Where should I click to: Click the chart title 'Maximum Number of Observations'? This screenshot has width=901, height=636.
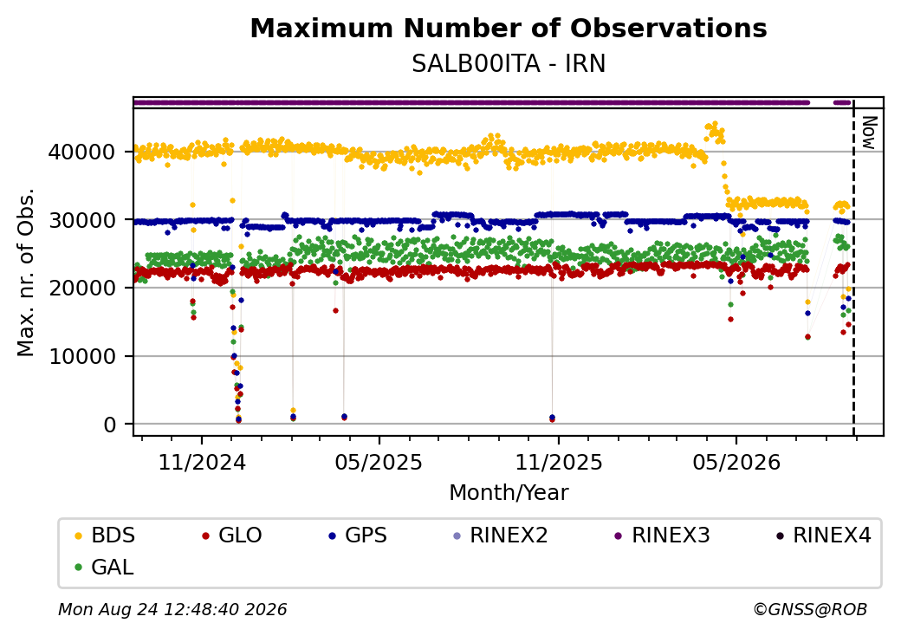point(509,28)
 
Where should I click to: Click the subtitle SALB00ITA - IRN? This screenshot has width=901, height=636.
point(509,64)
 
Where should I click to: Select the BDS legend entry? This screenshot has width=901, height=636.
point(105,535)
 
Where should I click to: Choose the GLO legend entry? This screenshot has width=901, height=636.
point(232,535)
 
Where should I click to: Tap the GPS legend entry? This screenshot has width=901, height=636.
point(358,535)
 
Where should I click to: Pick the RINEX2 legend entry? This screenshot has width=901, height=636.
point(501,535)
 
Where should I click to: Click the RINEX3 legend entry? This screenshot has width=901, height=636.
point(663,535)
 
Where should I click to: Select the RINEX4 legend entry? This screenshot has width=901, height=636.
point(823,535)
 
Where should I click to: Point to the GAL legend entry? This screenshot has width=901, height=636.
point(105,567)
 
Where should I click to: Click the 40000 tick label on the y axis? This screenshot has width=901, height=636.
point(82,152)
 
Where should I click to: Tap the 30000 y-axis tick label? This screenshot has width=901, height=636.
point(82,220)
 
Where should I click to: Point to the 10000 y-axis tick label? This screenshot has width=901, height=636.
point(82,356)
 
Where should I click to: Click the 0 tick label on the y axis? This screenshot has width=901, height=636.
point(110,425)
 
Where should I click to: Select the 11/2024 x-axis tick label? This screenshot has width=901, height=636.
point(202,462)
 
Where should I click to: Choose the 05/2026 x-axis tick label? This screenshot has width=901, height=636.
point(736,462)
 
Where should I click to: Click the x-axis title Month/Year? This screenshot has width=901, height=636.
point(509,492)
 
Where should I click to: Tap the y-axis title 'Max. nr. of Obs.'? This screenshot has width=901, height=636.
point(26,272)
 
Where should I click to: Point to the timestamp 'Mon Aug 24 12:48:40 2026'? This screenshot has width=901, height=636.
point(172,609)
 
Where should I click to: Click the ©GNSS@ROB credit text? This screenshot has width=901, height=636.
point(810,609)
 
